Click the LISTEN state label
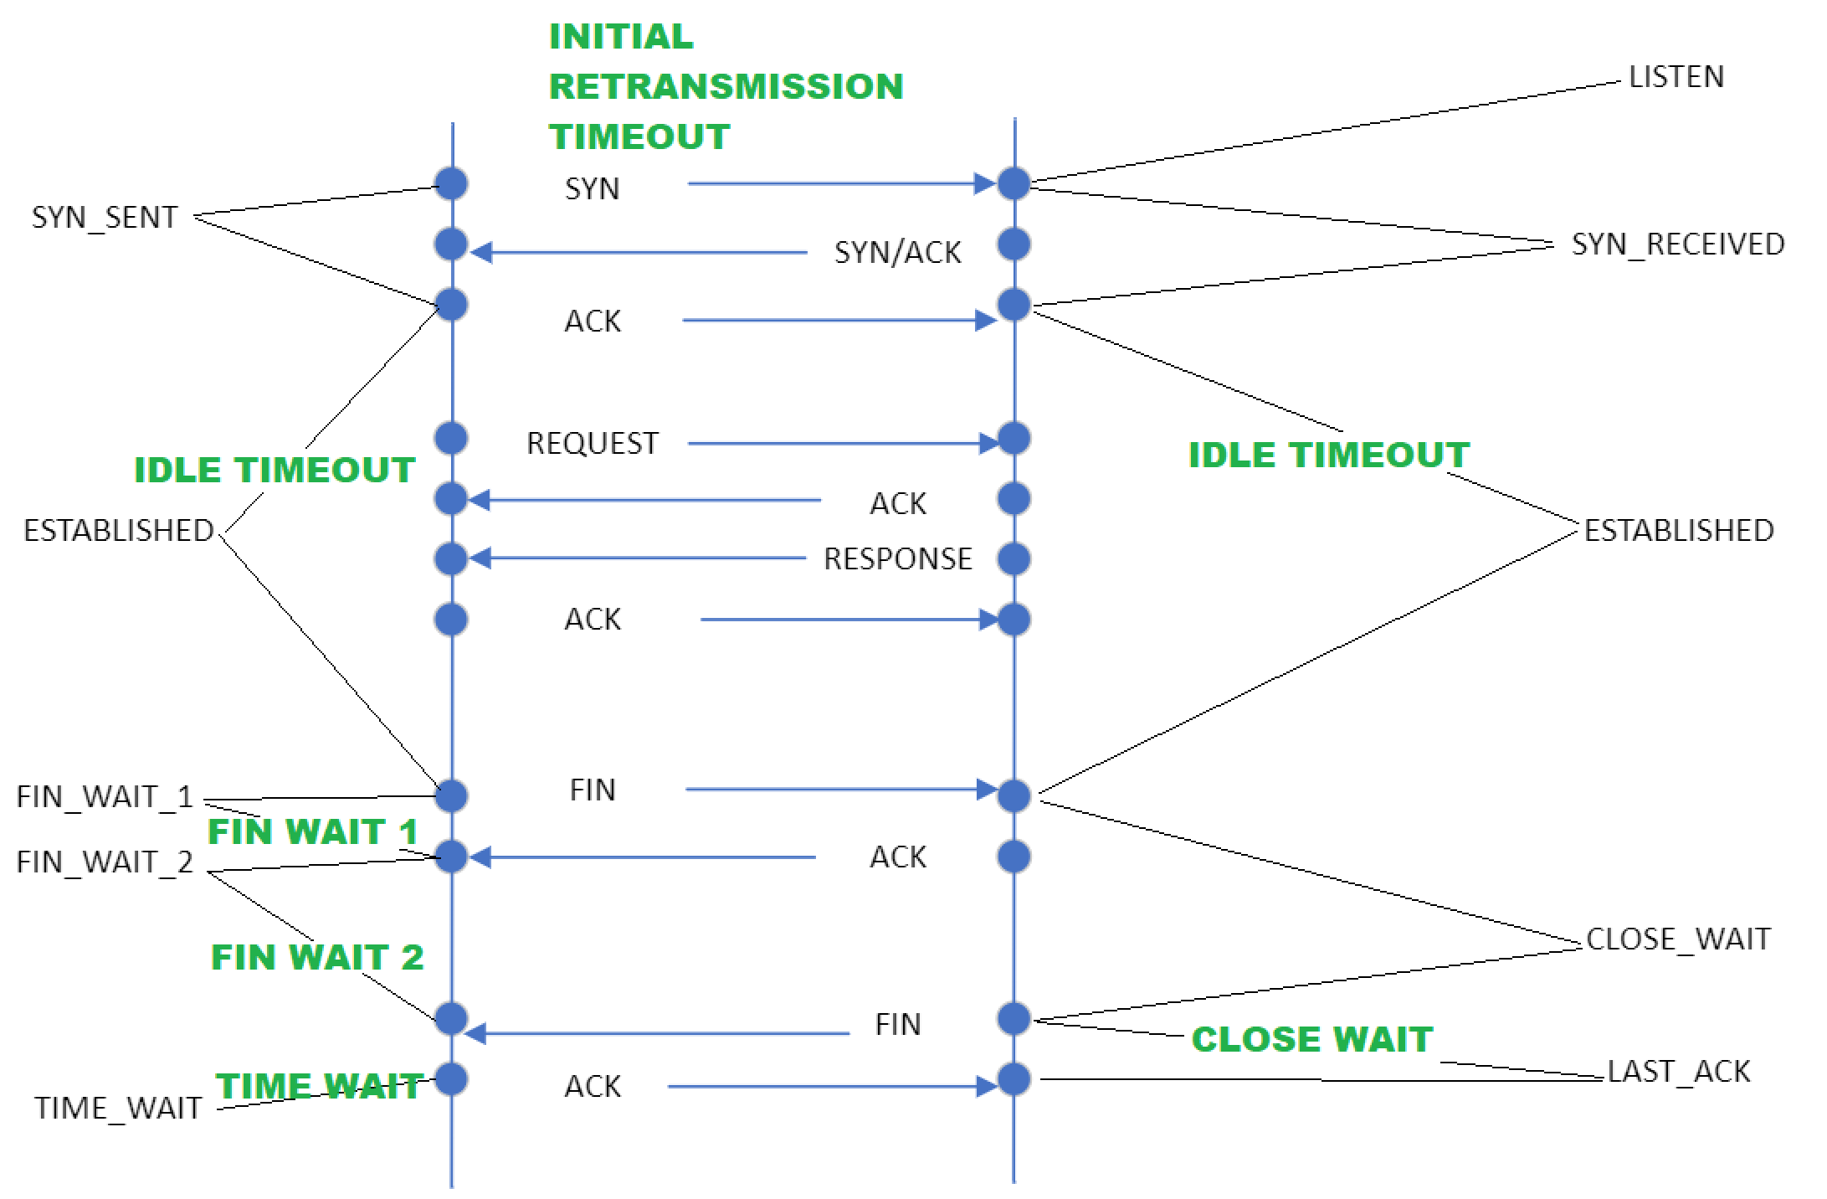pos(1676,77)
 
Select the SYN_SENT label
pos(105,218)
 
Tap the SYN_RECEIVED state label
pos(1678,244)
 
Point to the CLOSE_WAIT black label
pos(1679,939)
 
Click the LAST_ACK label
pos(1679,1072)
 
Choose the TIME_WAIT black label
pos(118,1109)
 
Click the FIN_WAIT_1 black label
pos(105,797)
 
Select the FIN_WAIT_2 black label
pos(105,862)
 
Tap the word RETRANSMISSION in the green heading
pos(726,86)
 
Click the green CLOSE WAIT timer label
pos(1312,1039)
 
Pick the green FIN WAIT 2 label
pos(317,957)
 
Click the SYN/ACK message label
pos(898,253)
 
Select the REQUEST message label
pos(593,444)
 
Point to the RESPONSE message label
pos(898,559)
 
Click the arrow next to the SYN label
pos(842,183)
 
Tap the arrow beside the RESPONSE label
pos(638,558)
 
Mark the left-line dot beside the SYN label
pos(452,183)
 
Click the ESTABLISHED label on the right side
pos(1679,531)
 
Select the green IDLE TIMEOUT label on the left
pos(275,470)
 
